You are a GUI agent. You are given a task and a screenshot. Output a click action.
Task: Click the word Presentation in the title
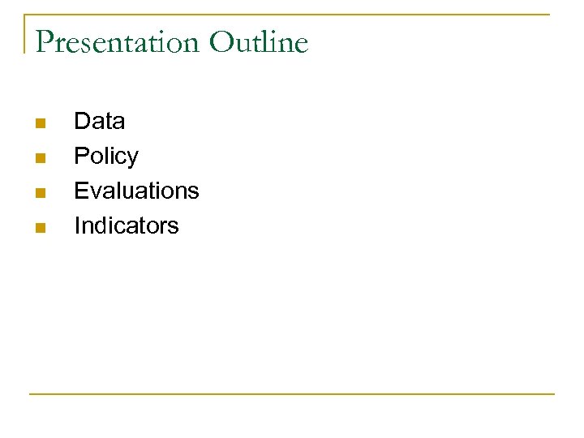(117, 42)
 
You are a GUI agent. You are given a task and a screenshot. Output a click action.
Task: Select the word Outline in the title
(259, 42)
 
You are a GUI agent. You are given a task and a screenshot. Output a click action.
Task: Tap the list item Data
(99, 122)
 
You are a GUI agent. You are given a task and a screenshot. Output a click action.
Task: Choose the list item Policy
(105, 157)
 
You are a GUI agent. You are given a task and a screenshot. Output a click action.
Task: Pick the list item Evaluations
(136, 191)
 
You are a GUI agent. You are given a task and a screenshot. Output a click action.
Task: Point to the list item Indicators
(126, 225)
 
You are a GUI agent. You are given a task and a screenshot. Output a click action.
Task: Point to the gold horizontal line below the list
(292, 394)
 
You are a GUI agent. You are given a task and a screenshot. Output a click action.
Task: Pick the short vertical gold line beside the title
(25, 32)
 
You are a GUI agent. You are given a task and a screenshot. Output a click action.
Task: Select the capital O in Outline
(221, 42)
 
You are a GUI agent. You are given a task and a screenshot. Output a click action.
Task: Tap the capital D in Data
(81, 122)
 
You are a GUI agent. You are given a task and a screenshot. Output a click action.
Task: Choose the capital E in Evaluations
(80, 191)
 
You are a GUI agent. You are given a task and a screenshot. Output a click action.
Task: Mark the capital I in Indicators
(77, 225)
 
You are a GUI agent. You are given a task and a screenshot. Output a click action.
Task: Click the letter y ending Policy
(133, 158)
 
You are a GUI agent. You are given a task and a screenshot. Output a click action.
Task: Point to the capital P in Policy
(80, 157)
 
